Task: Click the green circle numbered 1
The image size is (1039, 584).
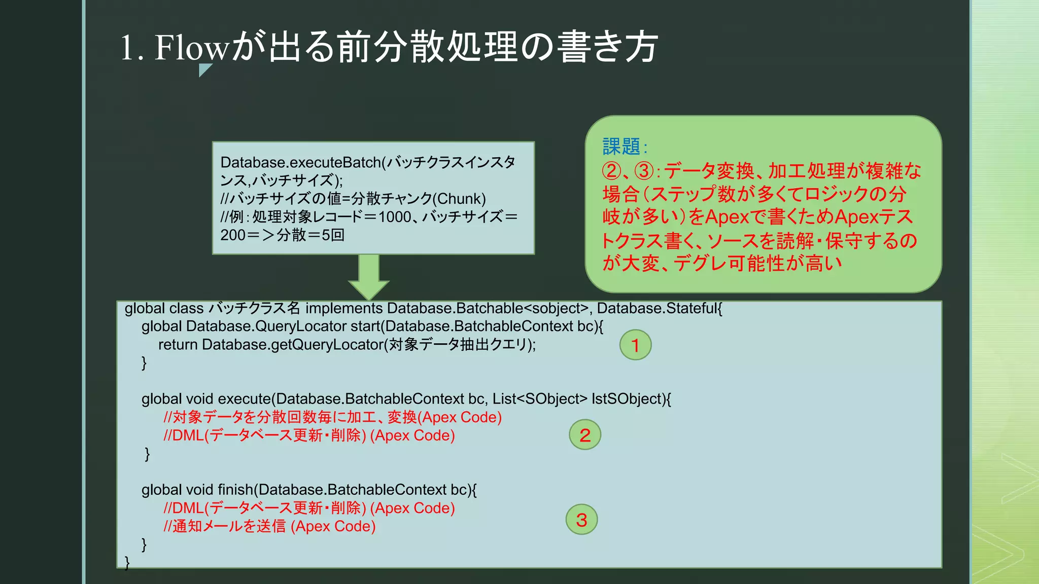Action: point(635,345)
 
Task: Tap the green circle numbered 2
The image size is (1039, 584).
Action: point(585,435)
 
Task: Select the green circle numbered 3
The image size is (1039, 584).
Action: point(581,520)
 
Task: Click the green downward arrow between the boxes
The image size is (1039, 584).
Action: point(369,277)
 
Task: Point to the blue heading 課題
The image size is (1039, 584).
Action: point(621,147)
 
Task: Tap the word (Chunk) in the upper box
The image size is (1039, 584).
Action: point(459,199)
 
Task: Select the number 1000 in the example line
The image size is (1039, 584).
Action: point(395,217)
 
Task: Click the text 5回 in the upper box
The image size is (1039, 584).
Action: point(333,235)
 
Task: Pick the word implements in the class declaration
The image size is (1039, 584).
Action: point(343,308)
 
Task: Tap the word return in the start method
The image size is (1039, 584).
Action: point(178,345)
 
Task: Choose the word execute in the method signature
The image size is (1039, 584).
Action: point(245,399)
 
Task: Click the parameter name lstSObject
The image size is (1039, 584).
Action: point(627,399)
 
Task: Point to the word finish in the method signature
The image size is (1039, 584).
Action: point(235,490)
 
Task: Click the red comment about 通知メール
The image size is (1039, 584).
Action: point(269,526)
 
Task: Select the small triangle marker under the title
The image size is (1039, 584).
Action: point(204,69)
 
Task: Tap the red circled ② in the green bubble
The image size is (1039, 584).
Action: point(611,171)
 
